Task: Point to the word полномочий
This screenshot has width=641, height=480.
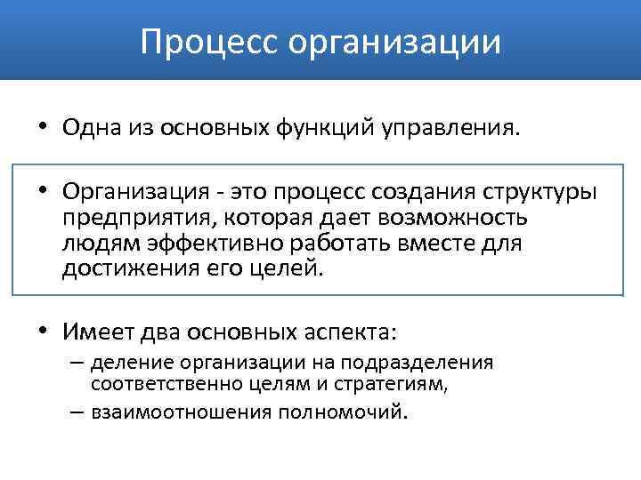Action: [341, 412]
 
